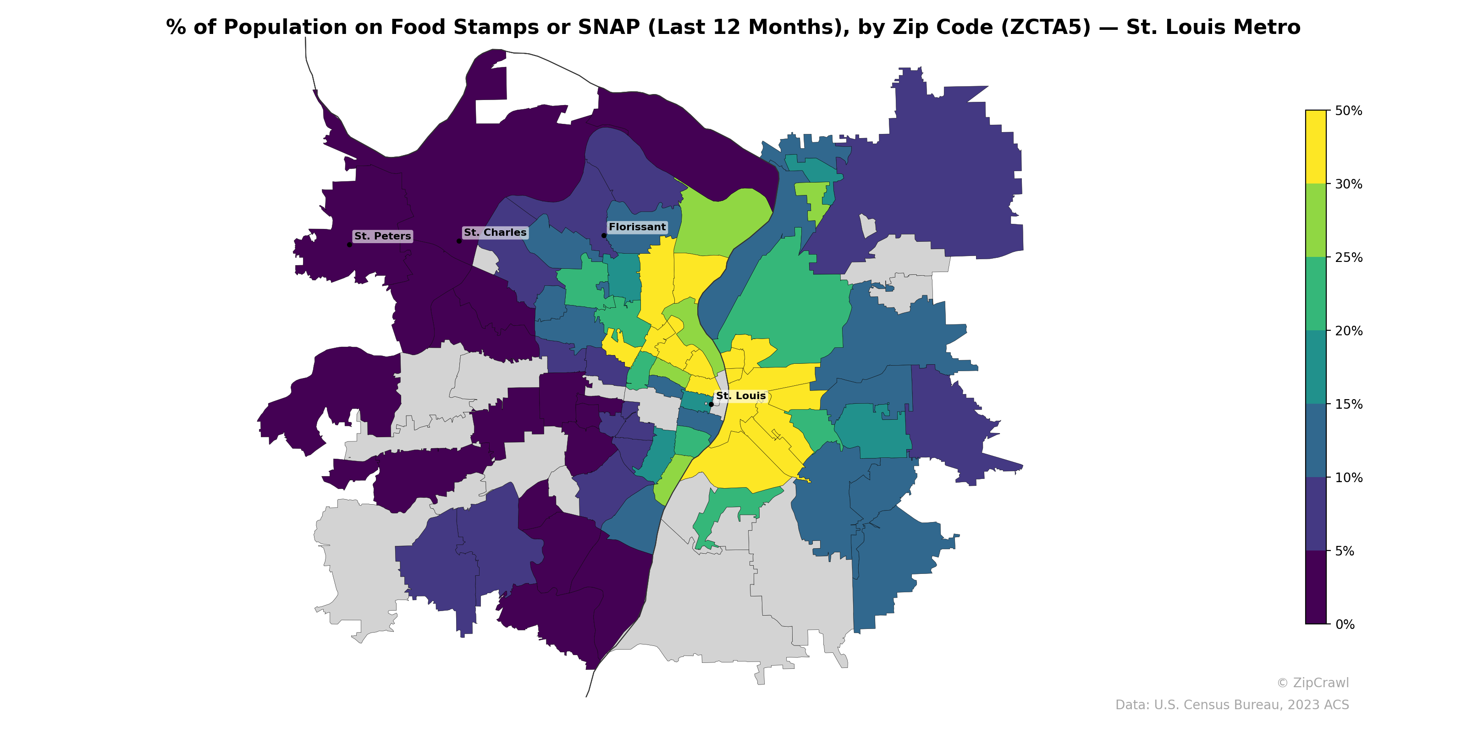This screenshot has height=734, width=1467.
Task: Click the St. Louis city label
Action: tap(740, 395)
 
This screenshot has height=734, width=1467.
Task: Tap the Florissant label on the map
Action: tap(637, 227)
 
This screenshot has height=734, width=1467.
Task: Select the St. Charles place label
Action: tap(495, 233)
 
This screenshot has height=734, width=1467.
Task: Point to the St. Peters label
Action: tap(382, 236)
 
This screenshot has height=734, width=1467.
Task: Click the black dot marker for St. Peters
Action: tap(349, 245)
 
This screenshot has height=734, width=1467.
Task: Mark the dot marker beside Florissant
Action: tap(604, 235)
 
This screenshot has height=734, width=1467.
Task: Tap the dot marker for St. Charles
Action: tap(459, 241)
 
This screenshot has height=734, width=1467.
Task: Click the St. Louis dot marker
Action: tap(711, 404)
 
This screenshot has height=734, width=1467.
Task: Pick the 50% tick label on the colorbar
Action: tap(1348, 111)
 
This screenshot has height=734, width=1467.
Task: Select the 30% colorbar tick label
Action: tap(1348, 184)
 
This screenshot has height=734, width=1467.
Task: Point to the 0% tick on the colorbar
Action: tap(1345, 624)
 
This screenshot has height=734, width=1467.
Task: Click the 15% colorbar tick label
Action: tap(1348, 404)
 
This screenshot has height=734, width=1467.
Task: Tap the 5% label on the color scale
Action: tap(1345, 551)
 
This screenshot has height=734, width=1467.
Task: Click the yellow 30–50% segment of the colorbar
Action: tap(1316, 147)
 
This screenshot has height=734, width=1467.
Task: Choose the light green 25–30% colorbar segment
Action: tap(1316, 221)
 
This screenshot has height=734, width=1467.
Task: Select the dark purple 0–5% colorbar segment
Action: tap(1316, 588)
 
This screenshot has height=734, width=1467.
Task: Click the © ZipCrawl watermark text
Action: tap(1313, 683)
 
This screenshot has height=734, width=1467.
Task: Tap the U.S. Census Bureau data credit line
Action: tap(1232, 705)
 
